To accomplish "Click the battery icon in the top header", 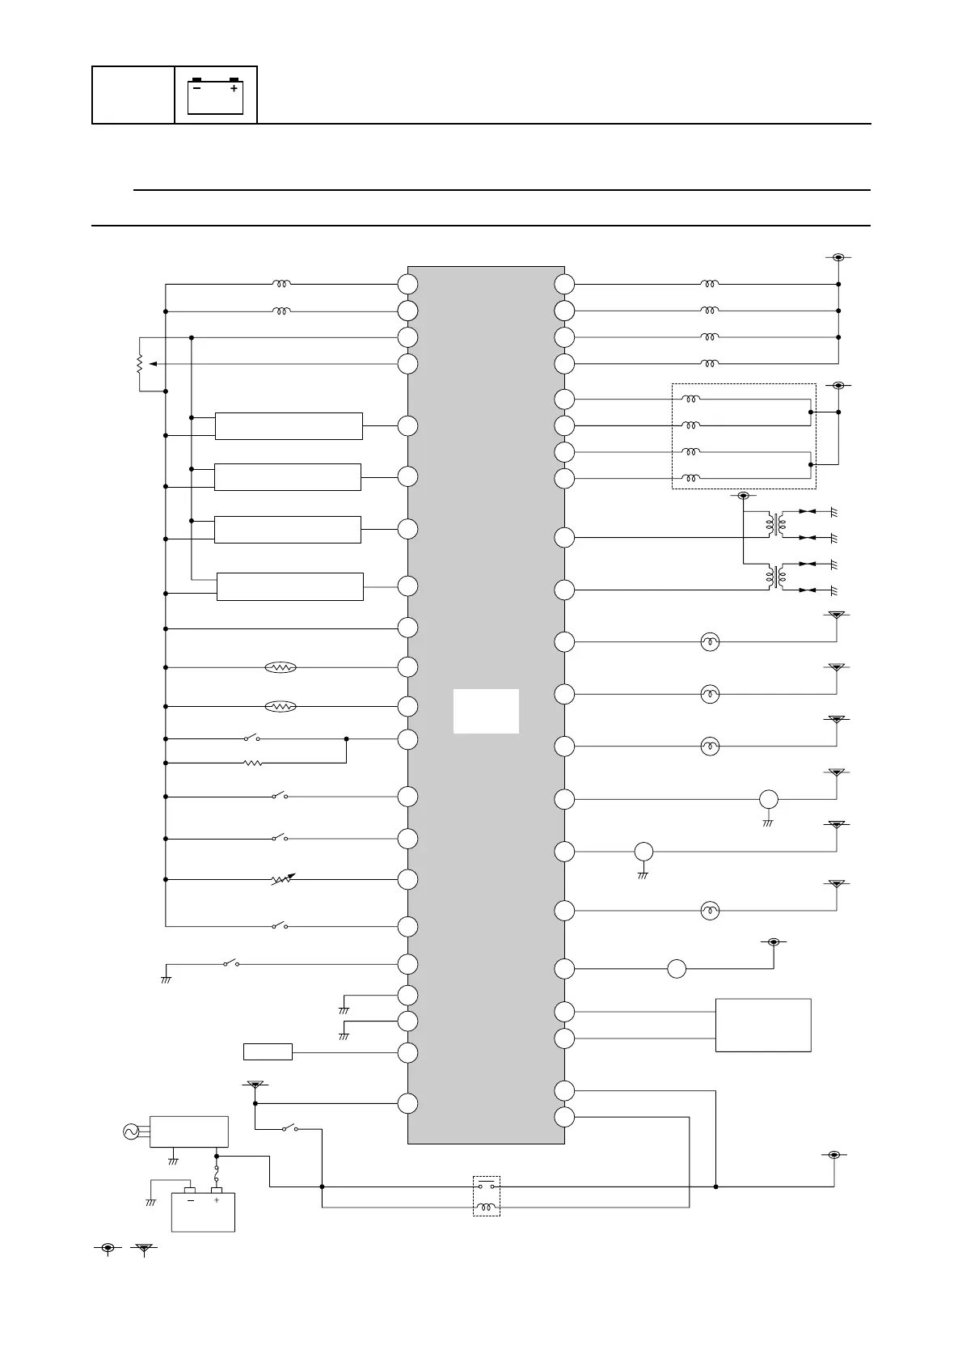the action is tap(216, 95).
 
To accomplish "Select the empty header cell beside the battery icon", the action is tap(133, 95).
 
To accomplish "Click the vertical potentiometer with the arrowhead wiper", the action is tap(140, 364).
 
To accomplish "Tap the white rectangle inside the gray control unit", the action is tap(486, 711).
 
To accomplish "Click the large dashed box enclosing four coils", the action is tap(744, 437).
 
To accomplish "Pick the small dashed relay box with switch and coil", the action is tap(486, 1196).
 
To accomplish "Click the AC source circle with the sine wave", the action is tap(131, 1131).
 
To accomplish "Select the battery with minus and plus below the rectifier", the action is tap(203, 1211).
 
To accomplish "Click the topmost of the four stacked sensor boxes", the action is tap(289, 426).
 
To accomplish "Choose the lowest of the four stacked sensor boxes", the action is tap(290, 587).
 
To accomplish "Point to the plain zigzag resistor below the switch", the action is tap(253, 763).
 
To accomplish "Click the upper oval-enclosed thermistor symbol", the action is tap(281, 667).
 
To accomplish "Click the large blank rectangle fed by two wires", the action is tap(763, 1025).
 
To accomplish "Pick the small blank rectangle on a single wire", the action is tap(268, 1052).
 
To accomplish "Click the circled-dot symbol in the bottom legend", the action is tap(108, 1249).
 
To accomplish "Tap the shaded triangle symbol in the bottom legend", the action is tap(144, 1249).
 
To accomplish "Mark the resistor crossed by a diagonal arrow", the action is tap(281, 879).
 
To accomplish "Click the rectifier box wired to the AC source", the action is tap(189, 1131).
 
